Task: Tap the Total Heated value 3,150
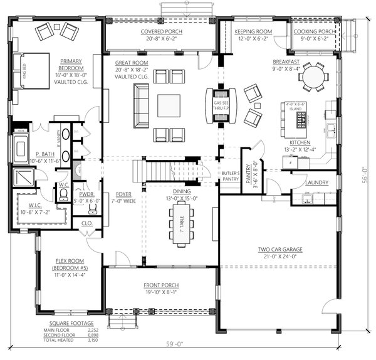(x=93, y=342)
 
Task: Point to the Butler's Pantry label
(x=231, y=176)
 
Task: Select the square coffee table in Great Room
(x=169, y=105)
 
